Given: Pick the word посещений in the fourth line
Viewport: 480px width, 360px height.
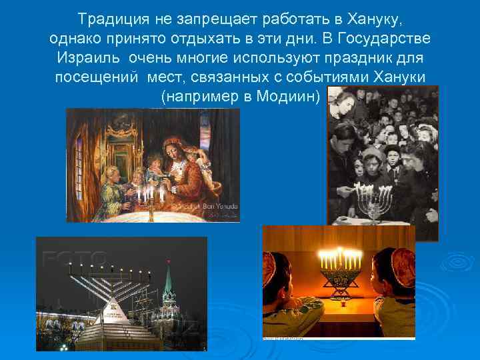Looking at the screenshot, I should point(92,77).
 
